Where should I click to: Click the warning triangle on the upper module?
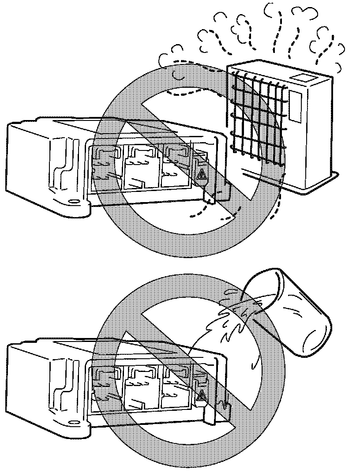[x=202, y=176]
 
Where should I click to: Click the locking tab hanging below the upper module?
[x=210, y=196]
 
